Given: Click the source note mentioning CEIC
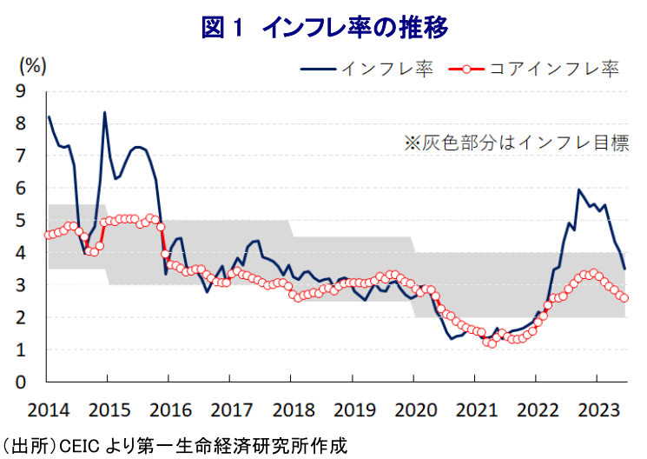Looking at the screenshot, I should click(174, 447).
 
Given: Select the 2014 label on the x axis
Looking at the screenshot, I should click(48, 409).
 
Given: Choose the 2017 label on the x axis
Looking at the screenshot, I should click(231, 409).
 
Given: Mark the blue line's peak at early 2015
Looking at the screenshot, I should click(105, 112).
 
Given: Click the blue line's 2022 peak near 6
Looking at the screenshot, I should click(578, 190).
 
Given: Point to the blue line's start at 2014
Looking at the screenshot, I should click(49, 116).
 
